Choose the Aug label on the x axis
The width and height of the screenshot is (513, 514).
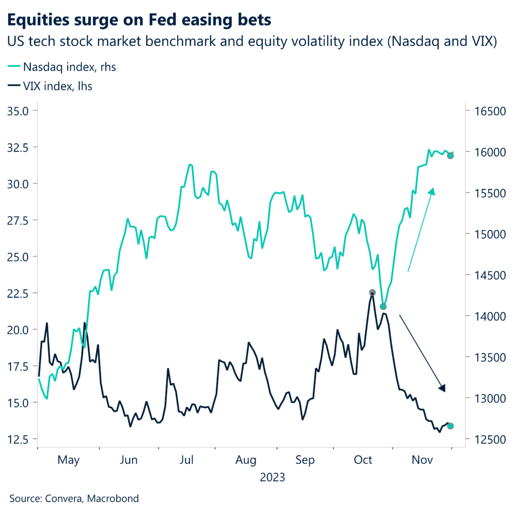coord(245,460)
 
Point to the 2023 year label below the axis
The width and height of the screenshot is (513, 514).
coord(272,477)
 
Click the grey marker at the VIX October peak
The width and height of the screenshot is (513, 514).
coord(372,293)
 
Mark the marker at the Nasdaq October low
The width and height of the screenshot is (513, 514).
coord(383,306)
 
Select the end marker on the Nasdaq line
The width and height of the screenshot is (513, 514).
coord(450,156)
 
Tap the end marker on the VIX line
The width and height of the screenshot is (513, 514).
coord(450,426)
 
